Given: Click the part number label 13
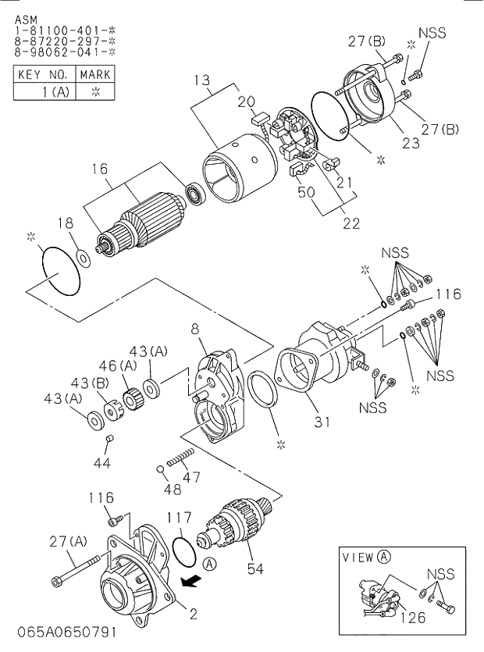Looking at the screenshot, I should [202, 79].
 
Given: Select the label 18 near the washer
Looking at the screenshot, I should [68, 223].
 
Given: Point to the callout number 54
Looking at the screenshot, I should [255, 568].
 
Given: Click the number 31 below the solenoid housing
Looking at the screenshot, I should [322, 422].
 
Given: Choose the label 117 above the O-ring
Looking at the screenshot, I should [178, 516].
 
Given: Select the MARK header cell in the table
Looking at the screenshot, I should [94, 74].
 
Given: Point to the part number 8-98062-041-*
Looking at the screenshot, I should [65, 51].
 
